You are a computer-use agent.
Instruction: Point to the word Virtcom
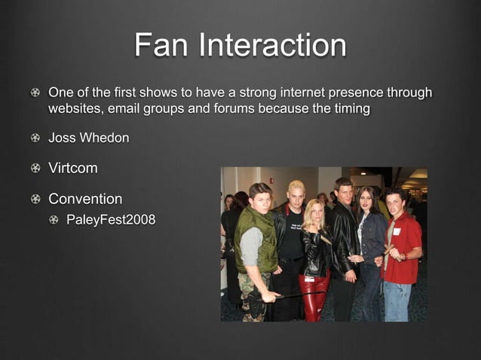73,168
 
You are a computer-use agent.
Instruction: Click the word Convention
85,199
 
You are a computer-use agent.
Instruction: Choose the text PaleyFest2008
111,221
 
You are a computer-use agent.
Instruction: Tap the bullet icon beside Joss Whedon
35,139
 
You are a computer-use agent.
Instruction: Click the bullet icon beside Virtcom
35,169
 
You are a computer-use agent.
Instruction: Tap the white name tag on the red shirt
397,231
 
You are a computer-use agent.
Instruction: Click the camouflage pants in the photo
255,298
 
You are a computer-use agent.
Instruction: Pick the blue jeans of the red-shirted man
397,300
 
